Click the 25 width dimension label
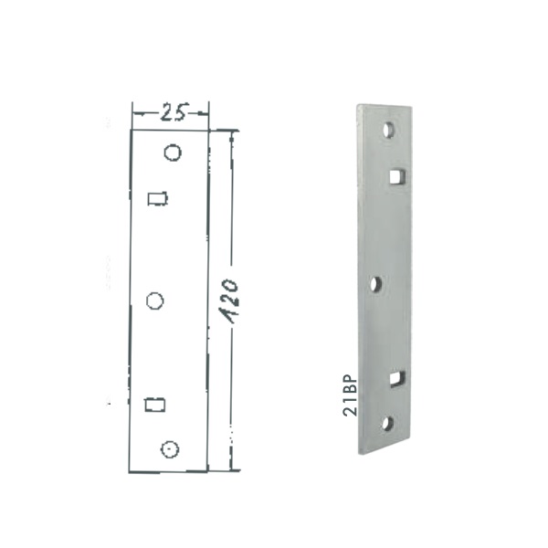pyautogui.click(x=174, y=111)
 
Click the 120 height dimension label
pyautogui.click(x=231, y=300)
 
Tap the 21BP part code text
pyautogui.click(x=350, y=395)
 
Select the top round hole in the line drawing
pyautogui.click(x=173, y=153)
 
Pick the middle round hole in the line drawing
pyautogui.click(x=155, y=300)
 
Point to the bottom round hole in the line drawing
pyautogui.click(x=170, y=449)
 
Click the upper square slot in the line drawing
pyautogui.click(x=158, y=198)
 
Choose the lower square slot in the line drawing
pyautogui.click(x=155, y=405)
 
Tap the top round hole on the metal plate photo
pyautogui.click(x=389, y=130)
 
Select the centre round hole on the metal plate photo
pyautogui.click(x=376, y=283)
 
